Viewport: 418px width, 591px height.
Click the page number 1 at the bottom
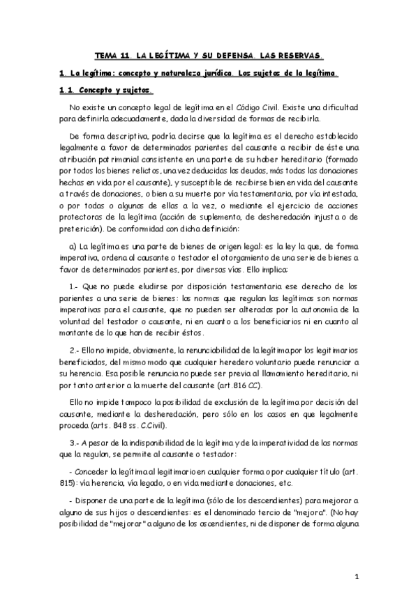point(356,576)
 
